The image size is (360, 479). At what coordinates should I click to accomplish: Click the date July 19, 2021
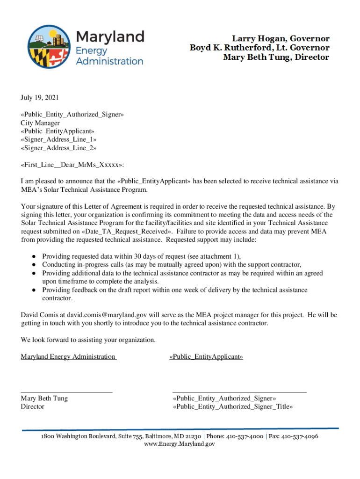pos(40,98)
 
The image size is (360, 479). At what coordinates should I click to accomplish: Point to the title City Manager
pos(40,123)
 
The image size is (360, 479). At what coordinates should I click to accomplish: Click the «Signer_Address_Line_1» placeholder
pos(58,139)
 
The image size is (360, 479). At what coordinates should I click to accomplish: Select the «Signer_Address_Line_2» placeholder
pos(58,148)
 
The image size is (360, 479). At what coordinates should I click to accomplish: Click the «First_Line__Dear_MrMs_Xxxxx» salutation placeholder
pos(72,165)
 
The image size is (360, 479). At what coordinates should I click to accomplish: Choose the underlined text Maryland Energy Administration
pos(68,357)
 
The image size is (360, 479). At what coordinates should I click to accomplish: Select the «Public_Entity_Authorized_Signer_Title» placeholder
pos(233,406)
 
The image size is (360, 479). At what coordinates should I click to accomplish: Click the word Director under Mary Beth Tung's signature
pos(33,406)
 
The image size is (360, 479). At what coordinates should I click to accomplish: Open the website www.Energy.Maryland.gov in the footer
pos(180,444)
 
